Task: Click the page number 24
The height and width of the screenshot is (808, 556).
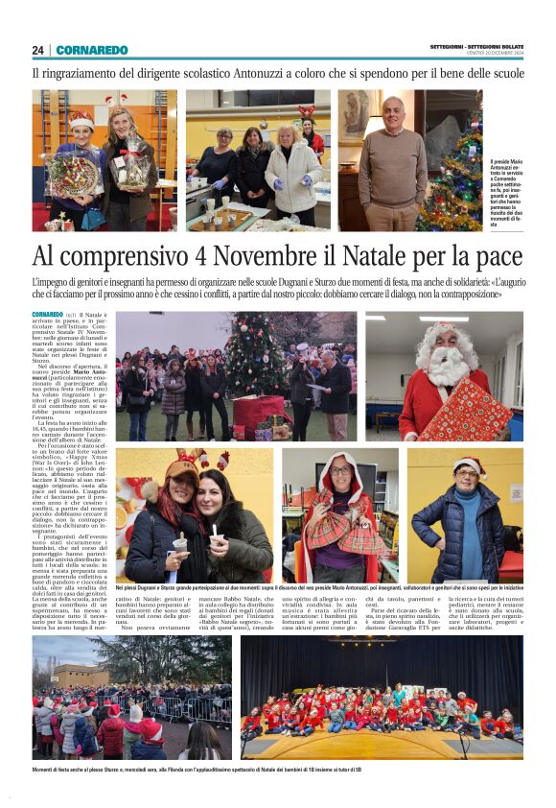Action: tap(37, 50)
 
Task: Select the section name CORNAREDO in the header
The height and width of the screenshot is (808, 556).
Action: tap(92, 50)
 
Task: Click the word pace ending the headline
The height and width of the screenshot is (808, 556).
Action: tap(494, 256)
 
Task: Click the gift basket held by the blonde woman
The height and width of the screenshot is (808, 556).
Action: tap(132, 165)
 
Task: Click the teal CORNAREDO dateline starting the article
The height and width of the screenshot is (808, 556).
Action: tap(48, 315)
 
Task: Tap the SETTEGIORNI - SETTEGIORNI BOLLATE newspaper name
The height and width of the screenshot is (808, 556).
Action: tap(475, 47)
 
